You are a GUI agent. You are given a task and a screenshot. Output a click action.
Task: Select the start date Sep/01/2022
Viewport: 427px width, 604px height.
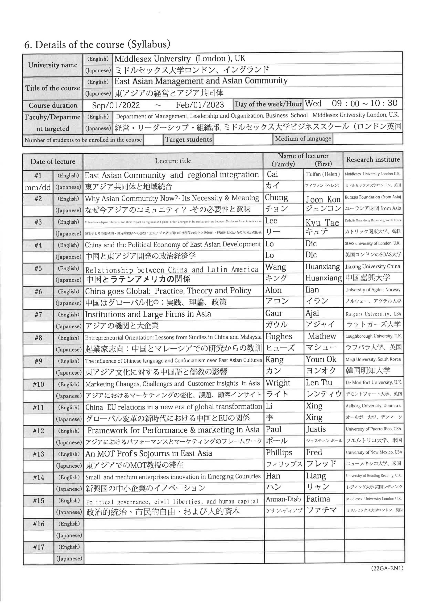[116, 105]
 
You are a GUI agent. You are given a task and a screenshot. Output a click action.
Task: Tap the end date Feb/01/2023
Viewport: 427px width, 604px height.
[200, 105]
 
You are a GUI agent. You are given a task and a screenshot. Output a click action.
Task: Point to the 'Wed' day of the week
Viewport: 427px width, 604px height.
[313, 103]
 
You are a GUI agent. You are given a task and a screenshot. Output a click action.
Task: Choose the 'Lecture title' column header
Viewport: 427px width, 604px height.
[173, 161]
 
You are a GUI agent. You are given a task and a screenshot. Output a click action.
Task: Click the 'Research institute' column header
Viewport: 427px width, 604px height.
[373, 159]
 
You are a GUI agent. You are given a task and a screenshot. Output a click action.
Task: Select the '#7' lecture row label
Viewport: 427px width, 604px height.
[38, 315]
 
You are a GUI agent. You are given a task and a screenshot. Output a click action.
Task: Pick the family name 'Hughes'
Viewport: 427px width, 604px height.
[279, 336]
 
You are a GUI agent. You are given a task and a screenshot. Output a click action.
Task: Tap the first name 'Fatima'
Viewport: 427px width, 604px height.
[318, 499]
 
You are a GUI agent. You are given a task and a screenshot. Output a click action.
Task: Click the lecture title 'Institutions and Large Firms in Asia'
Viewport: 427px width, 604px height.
[148, 314]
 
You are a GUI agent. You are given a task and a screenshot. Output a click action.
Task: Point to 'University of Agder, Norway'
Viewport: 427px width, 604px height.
[373, 290]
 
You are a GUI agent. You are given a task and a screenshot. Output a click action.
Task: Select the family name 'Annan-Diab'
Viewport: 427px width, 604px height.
[283, 499]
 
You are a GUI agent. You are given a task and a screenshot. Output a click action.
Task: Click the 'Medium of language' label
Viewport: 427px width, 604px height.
[303, 139]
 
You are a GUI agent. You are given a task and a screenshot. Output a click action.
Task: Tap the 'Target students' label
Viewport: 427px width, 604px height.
[188, 139]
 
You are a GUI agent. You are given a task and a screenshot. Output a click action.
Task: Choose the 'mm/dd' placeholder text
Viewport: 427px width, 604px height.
[37, 188]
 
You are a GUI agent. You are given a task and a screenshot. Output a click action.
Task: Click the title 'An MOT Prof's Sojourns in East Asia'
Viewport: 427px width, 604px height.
[149, 453]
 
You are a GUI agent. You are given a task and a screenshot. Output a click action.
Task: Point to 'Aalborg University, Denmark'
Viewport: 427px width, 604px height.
[373, 406]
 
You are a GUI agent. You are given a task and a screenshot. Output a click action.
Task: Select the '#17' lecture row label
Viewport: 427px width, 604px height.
[39, 547]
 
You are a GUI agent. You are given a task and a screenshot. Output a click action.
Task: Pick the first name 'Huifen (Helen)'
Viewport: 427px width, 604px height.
[323, 174]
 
